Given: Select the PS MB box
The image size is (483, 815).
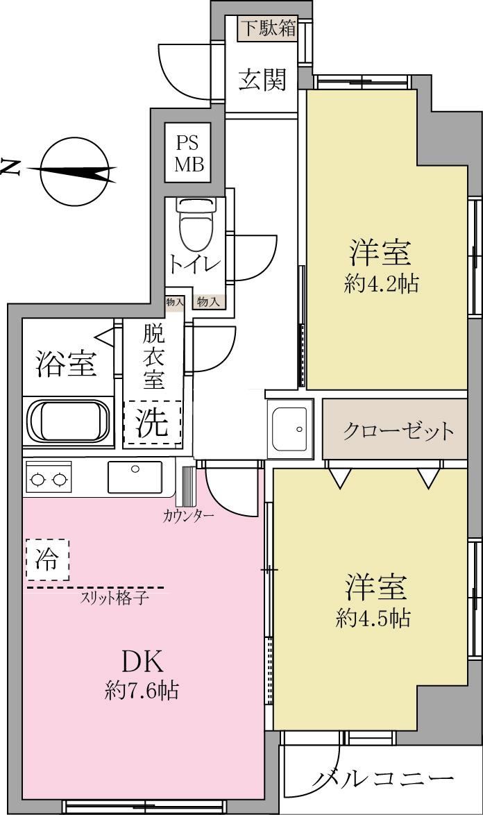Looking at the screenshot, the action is coord(188,152).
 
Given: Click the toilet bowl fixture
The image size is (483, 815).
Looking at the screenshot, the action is coord(196,224).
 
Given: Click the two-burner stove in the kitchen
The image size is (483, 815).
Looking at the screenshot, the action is coord(49,478).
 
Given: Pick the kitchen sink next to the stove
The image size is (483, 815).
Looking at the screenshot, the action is coord(135,477).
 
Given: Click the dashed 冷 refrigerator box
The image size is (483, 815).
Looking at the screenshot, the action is coord(48,560).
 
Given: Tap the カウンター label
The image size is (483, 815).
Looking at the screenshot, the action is coord(188,516).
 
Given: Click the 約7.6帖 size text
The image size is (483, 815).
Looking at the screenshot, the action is coord(142,691).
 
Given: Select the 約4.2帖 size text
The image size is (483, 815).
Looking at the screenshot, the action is coord(381,284).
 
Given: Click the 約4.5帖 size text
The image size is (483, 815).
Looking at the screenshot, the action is coord(373,619).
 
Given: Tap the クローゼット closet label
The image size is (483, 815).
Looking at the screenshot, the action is coord(398,431).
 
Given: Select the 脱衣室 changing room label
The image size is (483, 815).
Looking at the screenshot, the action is coord(154,356).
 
